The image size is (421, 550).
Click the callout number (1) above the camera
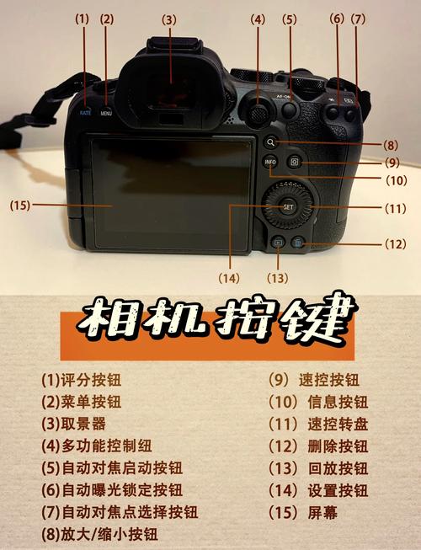[82, 18]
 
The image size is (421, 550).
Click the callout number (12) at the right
[395, 244]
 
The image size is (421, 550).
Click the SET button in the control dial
[288, 206]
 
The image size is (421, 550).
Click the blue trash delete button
[297, 243]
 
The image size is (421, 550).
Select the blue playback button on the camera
[276, 243]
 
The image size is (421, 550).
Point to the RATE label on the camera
[85, 112]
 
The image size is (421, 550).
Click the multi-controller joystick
[255, 111]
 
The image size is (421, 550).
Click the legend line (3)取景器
[75, 424]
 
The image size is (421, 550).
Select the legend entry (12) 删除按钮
[318, 446]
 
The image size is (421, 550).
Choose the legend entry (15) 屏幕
[302, 512]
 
